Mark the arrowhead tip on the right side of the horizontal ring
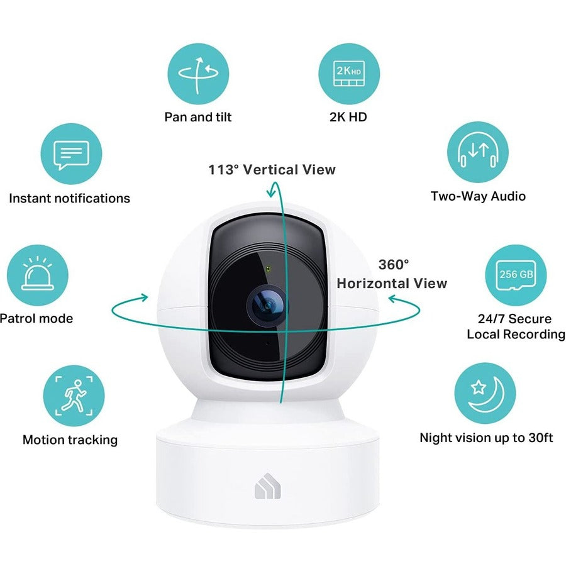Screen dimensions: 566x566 click(x=389, y=298)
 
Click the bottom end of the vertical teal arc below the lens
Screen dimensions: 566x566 click(x=280, y=402)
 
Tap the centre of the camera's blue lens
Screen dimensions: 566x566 click(x=267, y=306)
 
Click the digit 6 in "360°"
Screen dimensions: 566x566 click(x=393, y=265)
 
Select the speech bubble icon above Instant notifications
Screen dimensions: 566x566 click(x=71, y=155)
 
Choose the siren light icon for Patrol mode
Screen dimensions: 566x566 click(x=38, y=274)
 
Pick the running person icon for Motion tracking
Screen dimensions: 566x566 click(x=74, y=396)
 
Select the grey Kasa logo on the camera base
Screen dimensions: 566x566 click(x=267, y=486)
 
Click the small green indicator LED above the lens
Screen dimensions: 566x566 click(x=268, y=269)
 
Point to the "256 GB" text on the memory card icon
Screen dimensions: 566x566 click(x=516, y=274)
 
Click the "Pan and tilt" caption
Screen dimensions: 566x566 click(x=198, y=117)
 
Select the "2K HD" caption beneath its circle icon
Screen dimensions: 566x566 click(x=348, y=117)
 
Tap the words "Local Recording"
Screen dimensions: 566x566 click(x=516, y=335)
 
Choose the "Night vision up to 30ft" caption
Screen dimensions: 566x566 click(x=486, y=438)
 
